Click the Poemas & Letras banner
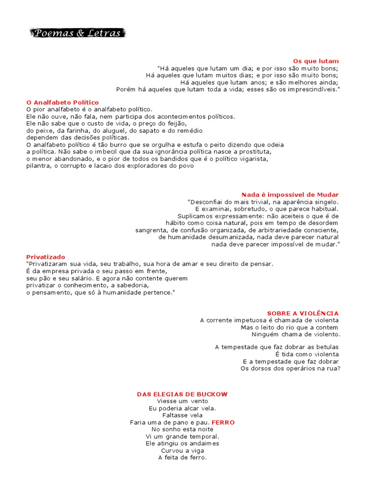click(77, 33)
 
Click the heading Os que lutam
click(315, 61)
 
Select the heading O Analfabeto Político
click(63, 102)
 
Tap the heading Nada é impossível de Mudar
click(290, 195)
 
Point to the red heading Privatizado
click(46, 257)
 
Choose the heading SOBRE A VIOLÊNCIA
click(303, 313)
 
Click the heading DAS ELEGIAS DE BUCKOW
click(183, 394)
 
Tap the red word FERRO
click(223, 423)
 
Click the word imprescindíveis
click(315, 89)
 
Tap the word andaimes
click(203, 444)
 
